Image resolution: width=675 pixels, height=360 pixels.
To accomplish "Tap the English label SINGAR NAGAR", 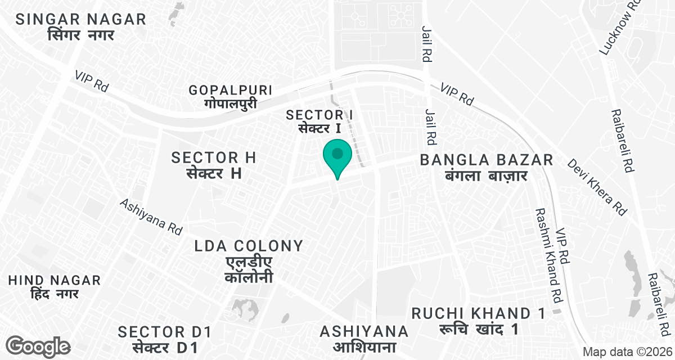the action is (x=81, y=19).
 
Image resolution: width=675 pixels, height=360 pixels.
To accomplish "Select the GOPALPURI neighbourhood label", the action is (x=231, y=90).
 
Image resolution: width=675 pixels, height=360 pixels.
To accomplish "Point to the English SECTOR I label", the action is (x=319, y=115).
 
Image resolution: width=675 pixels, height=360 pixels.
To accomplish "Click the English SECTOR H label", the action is (x=214, y=157).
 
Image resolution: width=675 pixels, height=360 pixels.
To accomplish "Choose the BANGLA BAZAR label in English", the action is (x=487, y=160).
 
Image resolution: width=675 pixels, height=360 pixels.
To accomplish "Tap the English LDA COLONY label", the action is (x=249, y=246).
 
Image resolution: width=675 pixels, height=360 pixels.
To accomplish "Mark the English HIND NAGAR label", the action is (x=55, y=280).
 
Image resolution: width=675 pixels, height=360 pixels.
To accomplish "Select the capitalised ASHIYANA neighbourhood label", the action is (x=364, y=330).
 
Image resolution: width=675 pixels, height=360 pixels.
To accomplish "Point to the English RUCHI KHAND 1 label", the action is (x=478, y=313).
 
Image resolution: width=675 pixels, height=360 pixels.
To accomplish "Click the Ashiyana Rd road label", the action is (x=151, y=215).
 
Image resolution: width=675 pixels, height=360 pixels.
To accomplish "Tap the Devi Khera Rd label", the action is (x=596, y=187).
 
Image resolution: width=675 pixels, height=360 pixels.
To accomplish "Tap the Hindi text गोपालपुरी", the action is (x=231, y=104).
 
